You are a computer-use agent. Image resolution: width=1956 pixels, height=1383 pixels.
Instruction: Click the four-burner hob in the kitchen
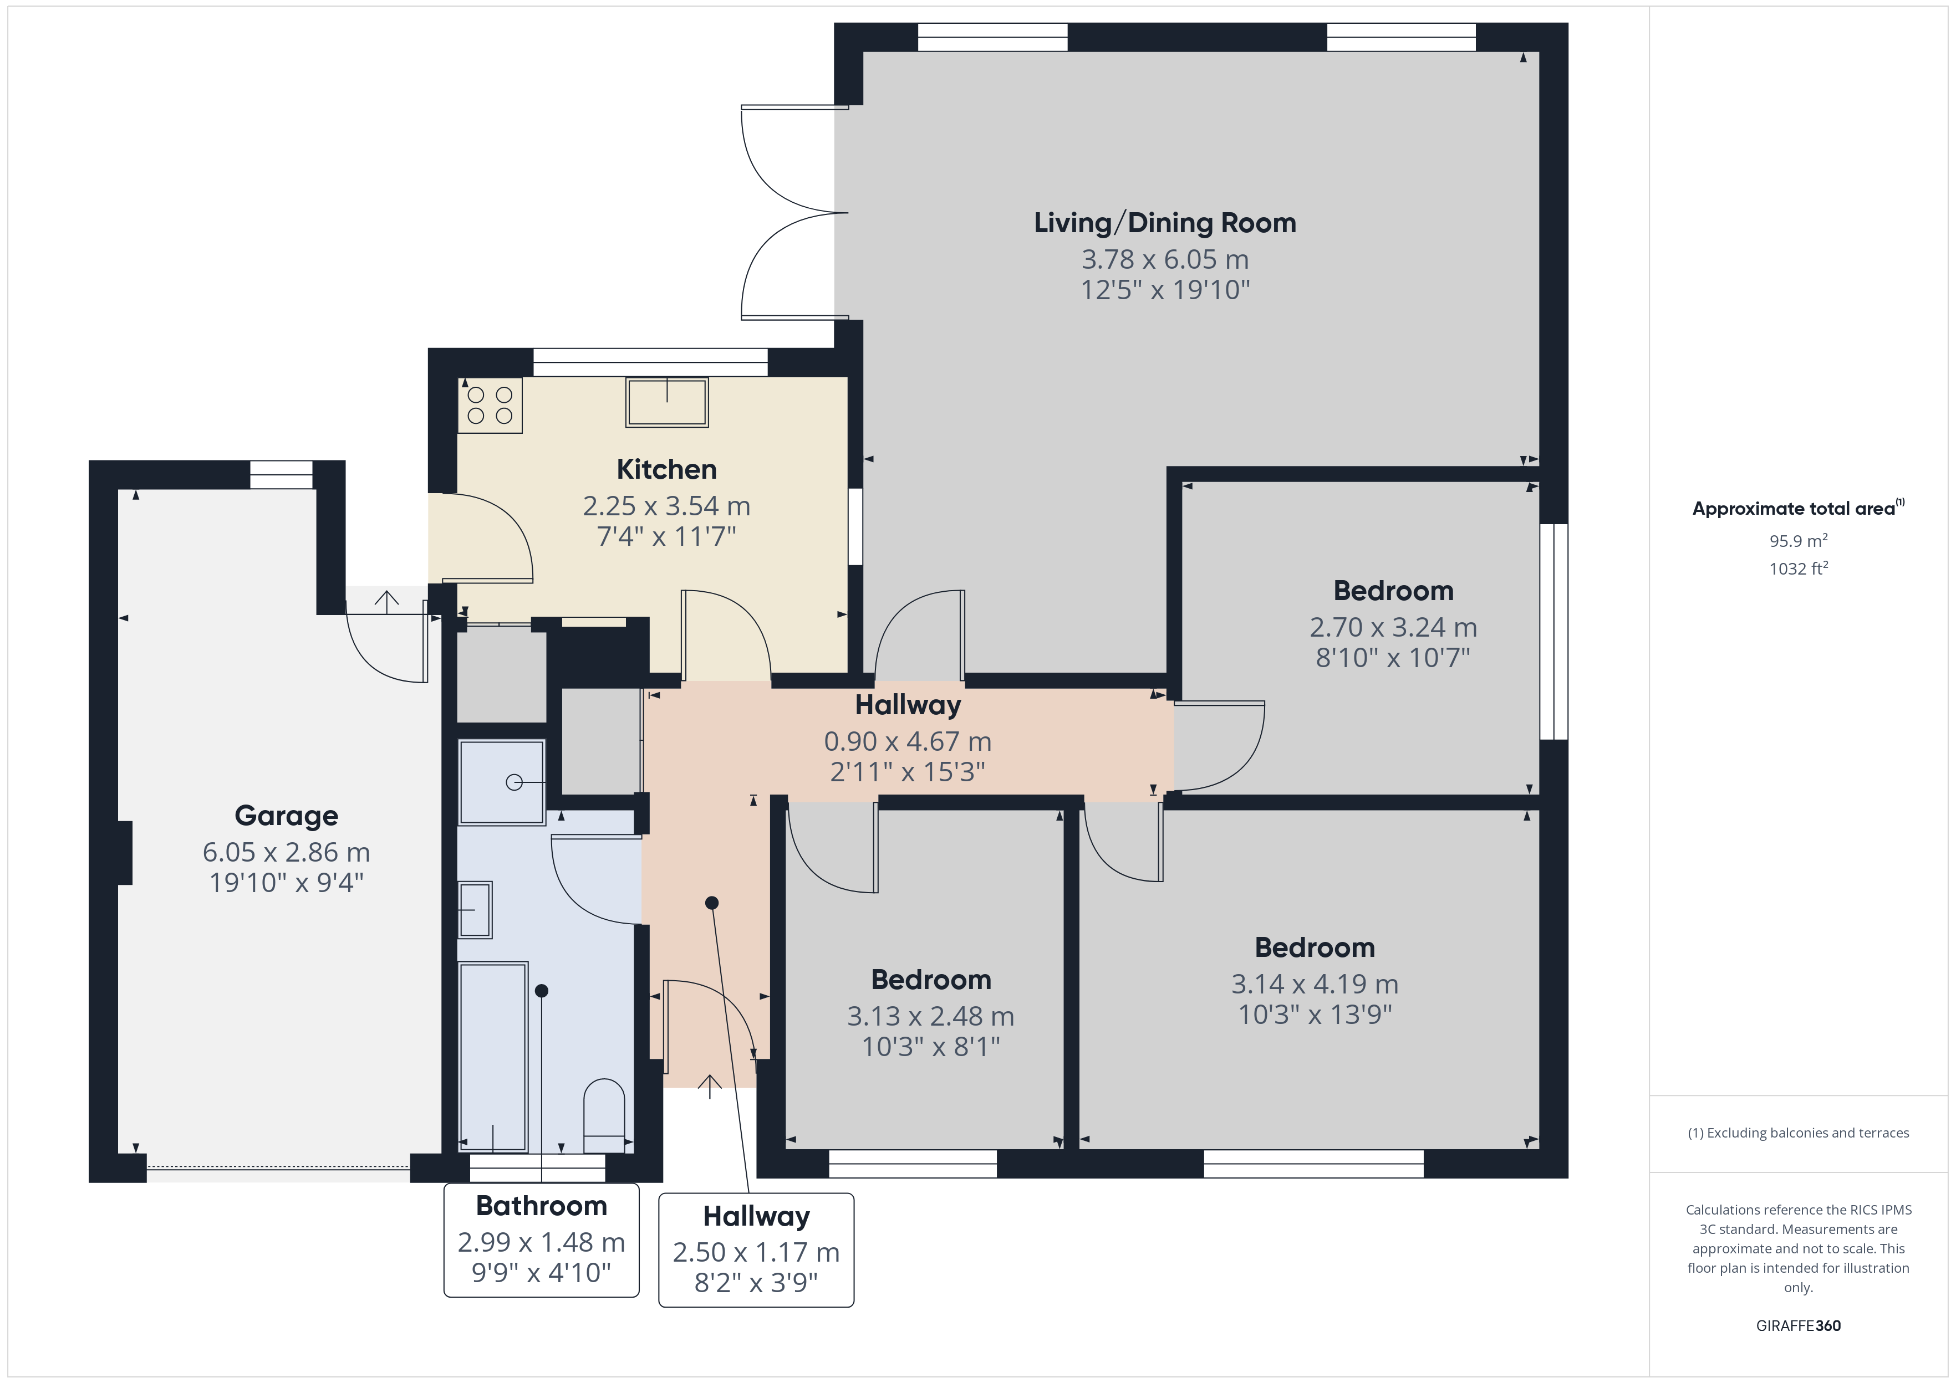[490, 406]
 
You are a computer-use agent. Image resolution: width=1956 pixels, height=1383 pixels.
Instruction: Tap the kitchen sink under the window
[667, 402]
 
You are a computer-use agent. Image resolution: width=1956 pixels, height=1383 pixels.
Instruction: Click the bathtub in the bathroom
[493, 1057]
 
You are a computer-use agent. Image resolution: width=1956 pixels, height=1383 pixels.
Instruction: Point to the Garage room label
[286, 815]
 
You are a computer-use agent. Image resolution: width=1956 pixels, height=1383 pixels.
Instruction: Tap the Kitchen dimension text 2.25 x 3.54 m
[666, 506]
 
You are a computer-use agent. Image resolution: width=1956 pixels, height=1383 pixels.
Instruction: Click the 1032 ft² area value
[1799, 568]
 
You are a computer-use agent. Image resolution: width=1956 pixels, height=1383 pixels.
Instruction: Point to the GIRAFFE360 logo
[1799, 1325]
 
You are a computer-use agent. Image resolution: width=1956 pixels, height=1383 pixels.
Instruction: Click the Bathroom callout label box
[542, 1240]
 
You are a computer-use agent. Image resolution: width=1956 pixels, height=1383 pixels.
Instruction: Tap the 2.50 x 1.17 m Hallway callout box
[756, 1250]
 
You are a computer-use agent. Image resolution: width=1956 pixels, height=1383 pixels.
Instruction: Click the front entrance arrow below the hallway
[710, 1087]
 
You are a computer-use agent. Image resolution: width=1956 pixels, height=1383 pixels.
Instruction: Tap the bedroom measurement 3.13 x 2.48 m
[930, 1016]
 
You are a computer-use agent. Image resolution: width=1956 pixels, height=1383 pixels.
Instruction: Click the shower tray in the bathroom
[502, 782]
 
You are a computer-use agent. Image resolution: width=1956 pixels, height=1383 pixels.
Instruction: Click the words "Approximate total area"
[1794, 509]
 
